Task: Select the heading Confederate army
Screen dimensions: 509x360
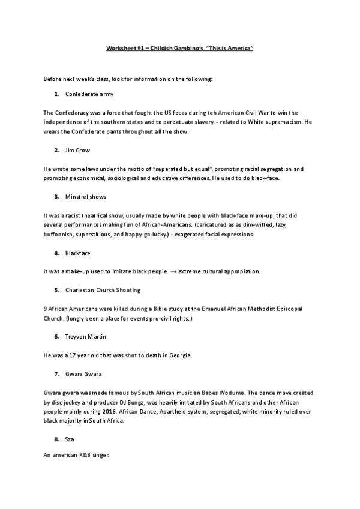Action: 89,94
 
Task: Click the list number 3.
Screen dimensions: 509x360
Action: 56,196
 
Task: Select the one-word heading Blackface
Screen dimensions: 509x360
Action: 78,253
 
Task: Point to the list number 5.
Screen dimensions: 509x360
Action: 56,289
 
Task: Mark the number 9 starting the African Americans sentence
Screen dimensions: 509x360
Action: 46,308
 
